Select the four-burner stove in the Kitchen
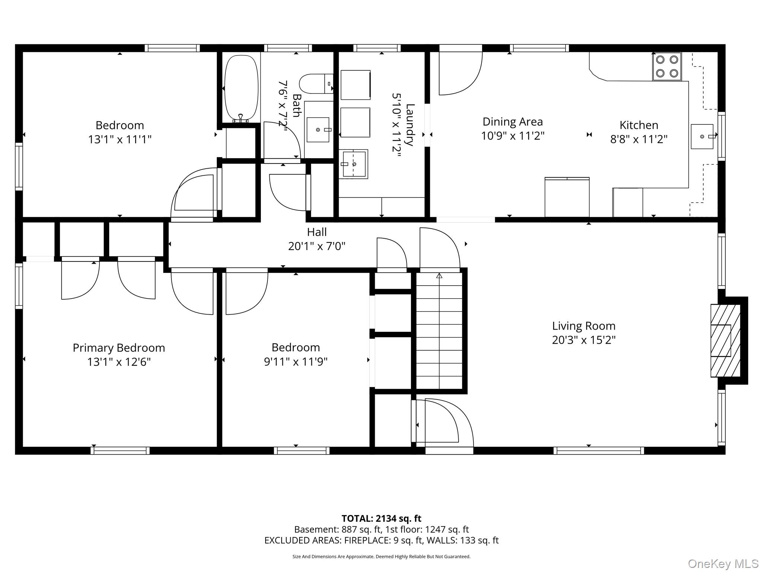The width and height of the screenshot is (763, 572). [x=667, y=66]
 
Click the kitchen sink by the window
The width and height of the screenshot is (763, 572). [x=702, y=136]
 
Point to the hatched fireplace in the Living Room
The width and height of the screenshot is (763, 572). [x=725, y=340]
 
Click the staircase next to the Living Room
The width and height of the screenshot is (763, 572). [x=439, y=331]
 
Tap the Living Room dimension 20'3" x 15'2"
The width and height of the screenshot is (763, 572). [x=583, y=340]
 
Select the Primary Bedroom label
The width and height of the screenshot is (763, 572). [x=119, y=348]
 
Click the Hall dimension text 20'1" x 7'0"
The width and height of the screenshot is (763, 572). [x=317, y=246]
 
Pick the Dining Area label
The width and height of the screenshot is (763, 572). [x=513, y=122]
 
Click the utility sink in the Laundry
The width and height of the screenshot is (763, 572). [x=353, y=164]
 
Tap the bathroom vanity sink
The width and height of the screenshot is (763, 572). [x=318, y=130]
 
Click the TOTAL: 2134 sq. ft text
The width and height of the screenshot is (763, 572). [x=381, y=518]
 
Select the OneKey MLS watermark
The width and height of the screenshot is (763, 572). [x=723, y=564]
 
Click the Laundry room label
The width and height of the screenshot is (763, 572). [x=409, y=125]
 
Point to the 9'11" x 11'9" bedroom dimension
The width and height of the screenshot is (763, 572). [x=295, y=362]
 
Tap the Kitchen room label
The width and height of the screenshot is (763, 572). [x=639, y=125]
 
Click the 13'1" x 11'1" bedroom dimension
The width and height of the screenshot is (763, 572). [x=120, y=139]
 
